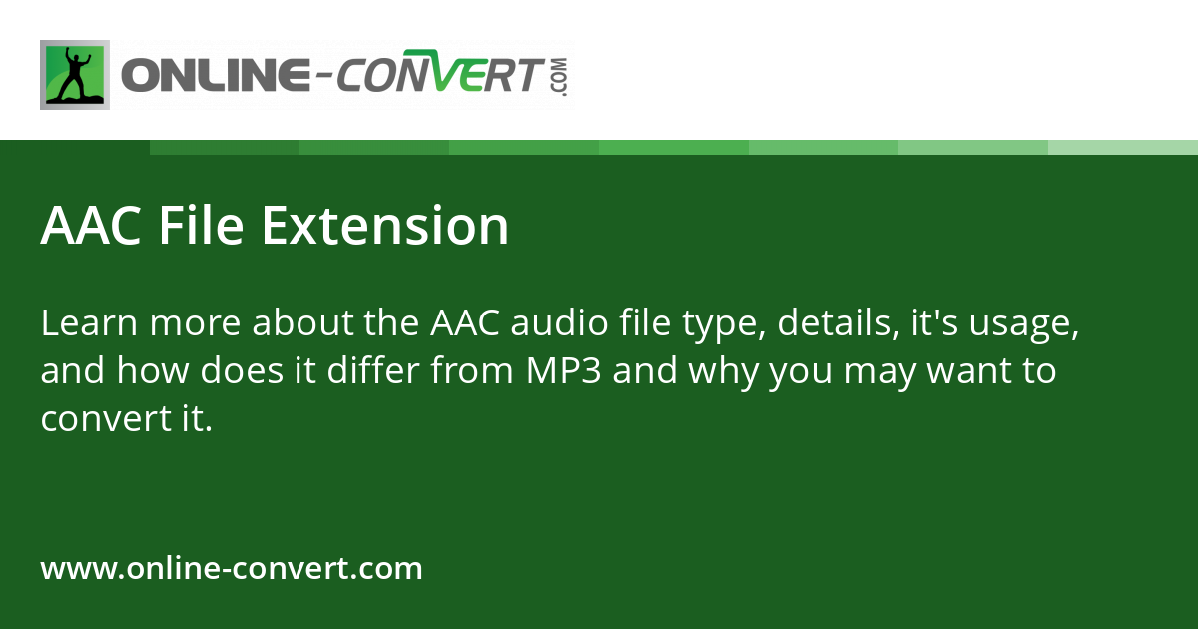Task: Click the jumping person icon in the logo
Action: tap(75, 75)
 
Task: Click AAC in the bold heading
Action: tap(91, 226)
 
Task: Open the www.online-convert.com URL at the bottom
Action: tap(232, 569)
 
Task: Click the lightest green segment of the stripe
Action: tap(1122, 147)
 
